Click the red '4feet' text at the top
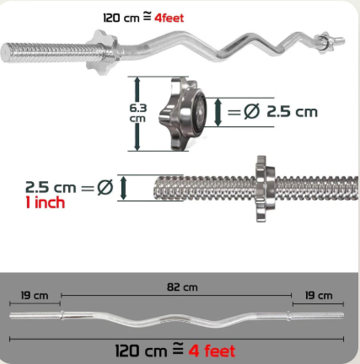coord(169,18)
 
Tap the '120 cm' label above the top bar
coord(121,18)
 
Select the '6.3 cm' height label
coord(137,113)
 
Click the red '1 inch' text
coord(46,202)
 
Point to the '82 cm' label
coord(182,287)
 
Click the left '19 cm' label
coord(35,296)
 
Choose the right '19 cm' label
coord(319,296)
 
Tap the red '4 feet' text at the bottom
coord(212,351)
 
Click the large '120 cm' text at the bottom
coord(142,351)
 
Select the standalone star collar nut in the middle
coord(183,114)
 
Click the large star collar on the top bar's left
coord(102,52)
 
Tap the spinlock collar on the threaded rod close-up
coord(264,189)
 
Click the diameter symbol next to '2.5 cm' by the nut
coord(252,111)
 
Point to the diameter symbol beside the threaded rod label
coord(105,187)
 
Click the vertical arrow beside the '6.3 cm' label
coord(137,114)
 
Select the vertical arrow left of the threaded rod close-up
coord(123,188)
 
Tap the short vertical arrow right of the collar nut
coord(218,113)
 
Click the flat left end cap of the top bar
coord(4,52)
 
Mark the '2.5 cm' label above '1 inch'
coord(51,187)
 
